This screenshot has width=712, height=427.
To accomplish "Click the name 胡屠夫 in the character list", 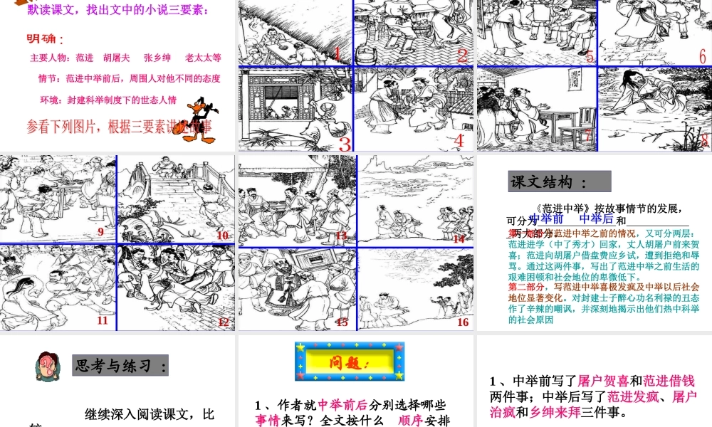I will [116, 58].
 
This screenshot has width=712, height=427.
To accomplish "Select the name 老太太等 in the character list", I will [203, 58].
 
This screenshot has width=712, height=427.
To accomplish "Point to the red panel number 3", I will [345, 144].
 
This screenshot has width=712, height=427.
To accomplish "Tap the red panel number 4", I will [459, 140].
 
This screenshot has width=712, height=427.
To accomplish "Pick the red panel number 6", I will [702, 56].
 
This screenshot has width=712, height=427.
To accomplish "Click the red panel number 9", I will [101, 231].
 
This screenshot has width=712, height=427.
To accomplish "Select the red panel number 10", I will [223, 236].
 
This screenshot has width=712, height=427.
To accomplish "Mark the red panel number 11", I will [103, 320].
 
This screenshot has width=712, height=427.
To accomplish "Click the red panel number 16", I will [463, 322].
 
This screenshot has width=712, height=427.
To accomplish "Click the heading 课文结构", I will [559, 182].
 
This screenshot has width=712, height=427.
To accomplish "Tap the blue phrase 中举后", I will [597, 219].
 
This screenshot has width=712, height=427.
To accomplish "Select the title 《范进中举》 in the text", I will [561, 209].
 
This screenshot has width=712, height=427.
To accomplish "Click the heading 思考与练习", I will [120, 366].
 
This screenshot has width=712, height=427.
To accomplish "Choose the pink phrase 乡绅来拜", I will [560, 411].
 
